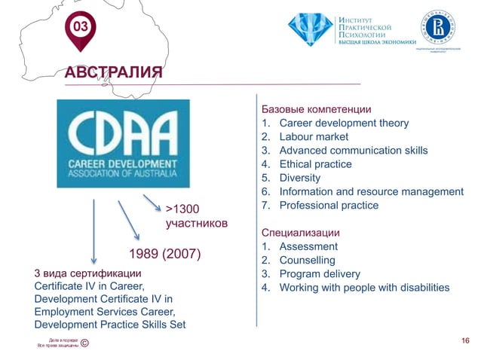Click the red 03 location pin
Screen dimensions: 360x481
(78, 29)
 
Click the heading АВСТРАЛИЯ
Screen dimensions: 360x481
(113, 72)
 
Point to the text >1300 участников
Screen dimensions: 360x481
(196, 216)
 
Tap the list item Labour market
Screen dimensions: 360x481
(313, 136)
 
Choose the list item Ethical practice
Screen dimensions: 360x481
(314, 163)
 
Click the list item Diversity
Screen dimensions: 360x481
(299, 178)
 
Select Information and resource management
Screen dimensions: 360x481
(370, 191)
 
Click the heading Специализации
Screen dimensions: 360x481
(299, 232)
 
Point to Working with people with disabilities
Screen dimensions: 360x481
(363, 288)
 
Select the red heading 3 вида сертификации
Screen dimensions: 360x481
(87, 273)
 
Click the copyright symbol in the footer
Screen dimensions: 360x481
(84, 345)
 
